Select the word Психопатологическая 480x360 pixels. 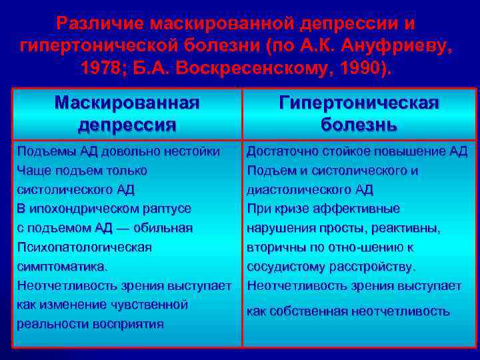click(84, 247)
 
